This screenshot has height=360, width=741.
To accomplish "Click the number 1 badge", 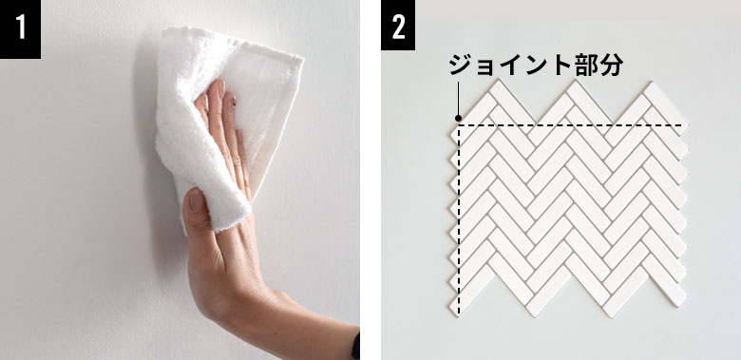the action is (20, 29).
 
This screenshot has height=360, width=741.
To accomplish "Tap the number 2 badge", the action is (398, 25).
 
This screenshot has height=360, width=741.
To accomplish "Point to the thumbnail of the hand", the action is (195, 199).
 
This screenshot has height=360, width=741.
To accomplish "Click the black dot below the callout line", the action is (458, 118).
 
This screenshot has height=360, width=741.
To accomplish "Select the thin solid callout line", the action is (458, 98).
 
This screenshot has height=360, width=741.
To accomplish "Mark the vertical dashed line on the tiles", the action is (459, 219).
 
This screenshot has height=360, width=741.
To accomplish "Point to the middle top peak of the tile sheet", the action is (573, 82).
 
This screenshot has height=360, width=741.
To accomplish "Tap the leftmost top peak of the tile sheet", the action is (497, 81).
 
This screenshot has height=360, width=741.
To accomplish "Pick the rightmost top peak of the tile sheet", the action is (651, 83).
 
